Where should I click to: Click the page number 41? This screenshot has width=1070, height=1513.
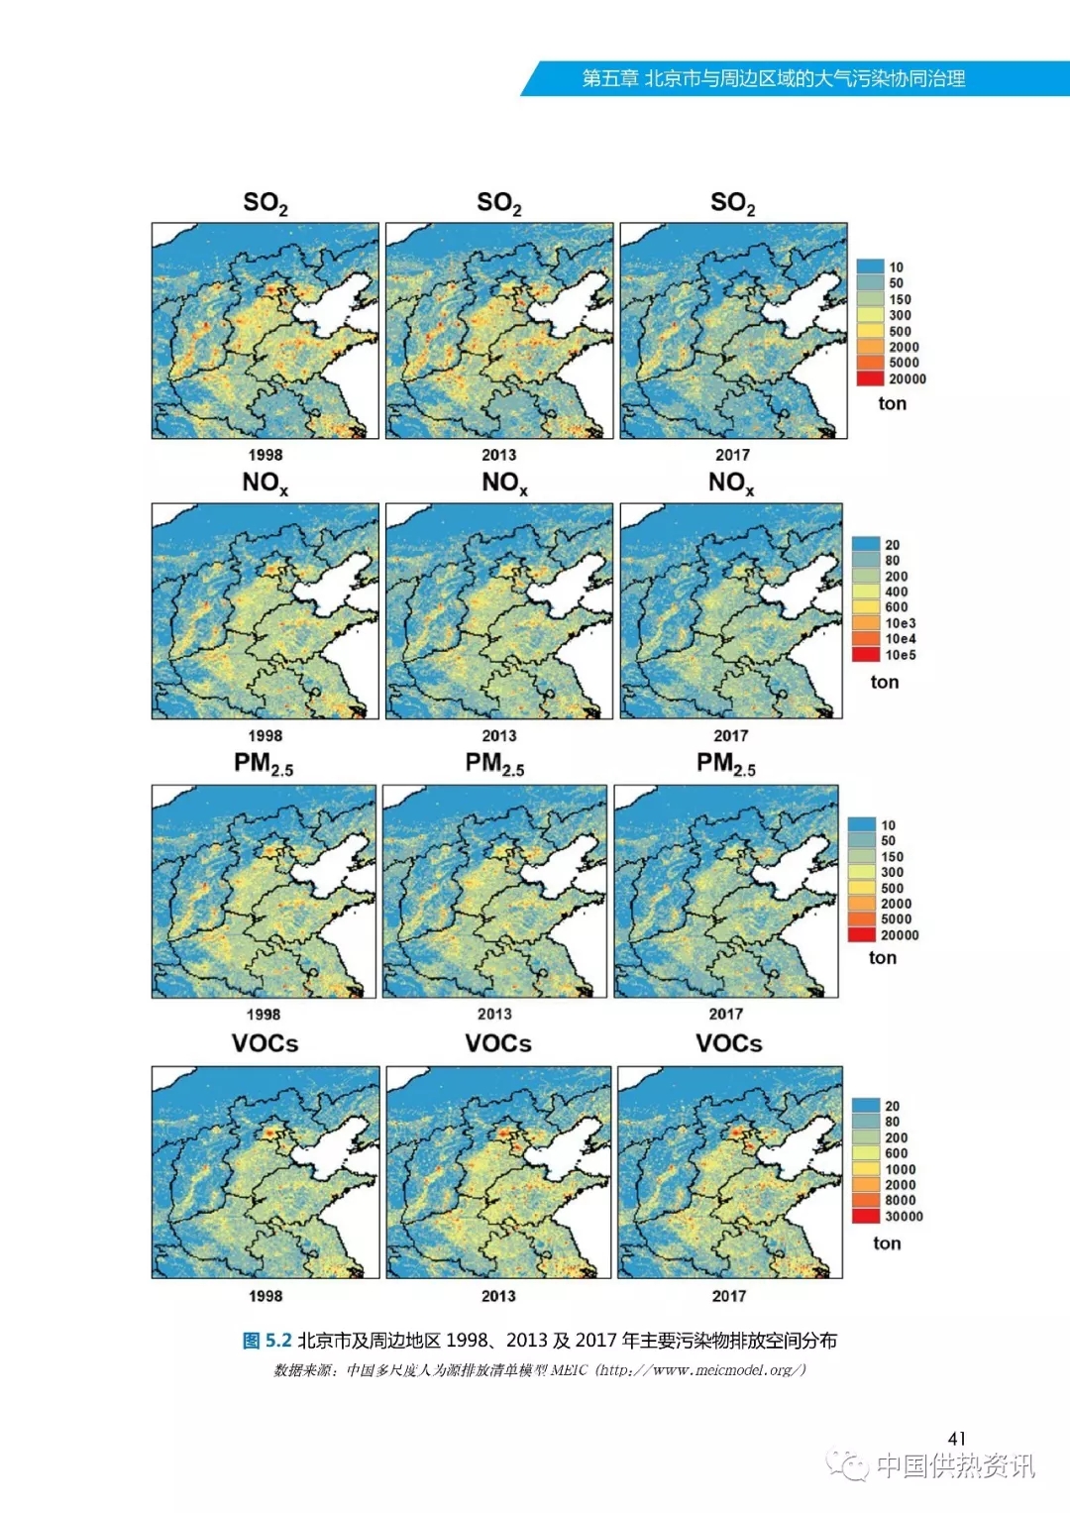956,1438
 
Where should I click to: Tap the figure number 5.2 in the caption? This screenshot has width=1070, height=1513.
278,1341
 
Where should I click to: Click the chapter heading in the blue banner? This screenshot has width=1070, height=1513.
773,78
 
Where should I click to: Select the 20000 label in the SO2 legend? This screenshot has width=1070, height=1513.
908,378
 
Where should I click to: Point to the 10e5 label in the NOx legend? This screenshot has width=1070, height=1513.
901,655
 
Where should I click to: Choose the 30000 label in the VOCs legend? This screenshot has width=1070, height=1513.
904,1216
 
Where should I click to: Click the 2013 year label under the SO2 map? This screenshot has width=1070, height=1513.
498,455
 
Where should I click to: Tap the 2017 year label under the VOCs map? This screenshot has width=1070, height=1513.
729,1296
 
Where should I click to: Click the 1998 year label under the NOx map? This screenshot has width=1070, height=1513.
265,735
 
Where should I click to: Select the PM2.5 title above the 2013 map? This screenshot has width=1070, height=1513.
495,763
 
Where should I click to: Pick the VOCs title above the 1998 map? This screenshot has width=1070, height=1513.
265,1043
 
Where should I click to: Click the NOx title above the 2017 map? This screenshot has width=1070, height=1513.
731,483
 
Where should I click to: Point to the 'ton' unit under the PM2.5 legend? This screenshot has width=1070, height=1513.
883,957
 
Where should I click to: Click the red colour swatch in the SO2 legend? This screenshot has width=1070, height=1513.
870,378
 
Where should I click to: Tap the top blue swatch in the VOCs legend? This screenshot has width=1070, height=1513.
866,1106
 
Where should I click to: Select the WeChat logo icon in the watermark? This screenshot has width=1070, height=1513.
848,1463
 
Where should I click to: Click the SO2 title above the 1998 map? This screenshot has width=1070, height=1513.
265,203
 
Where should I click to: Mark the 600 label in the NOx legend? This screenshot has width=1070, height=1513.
896,607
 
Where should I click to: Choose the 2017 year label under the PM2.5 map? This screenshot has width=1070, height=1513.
725,1014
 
